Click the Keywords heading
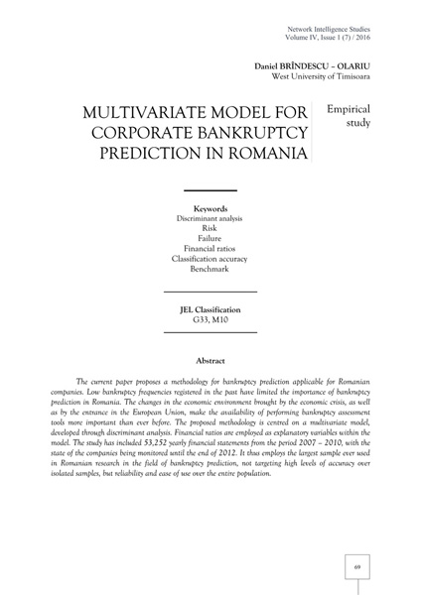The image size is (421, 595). point(210,208)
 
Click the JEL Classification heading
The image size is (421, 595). point(210,310)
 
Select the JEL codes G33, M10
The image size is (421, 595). point(210,321)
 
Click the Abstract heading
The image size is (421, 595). point(210,361)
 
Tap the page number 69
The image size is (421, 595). point(357,567)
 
